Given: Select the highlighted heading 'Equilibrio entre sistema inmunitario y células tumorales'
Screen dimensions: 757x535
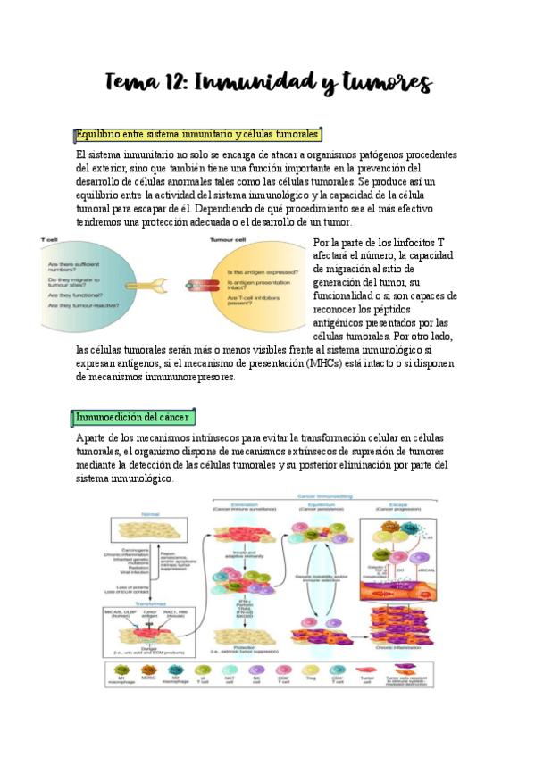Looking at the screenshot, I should [x=197, y=135].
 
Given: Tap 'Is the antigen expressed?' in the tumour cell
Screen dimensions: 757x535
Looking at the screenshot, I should [x=264, y=271].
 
